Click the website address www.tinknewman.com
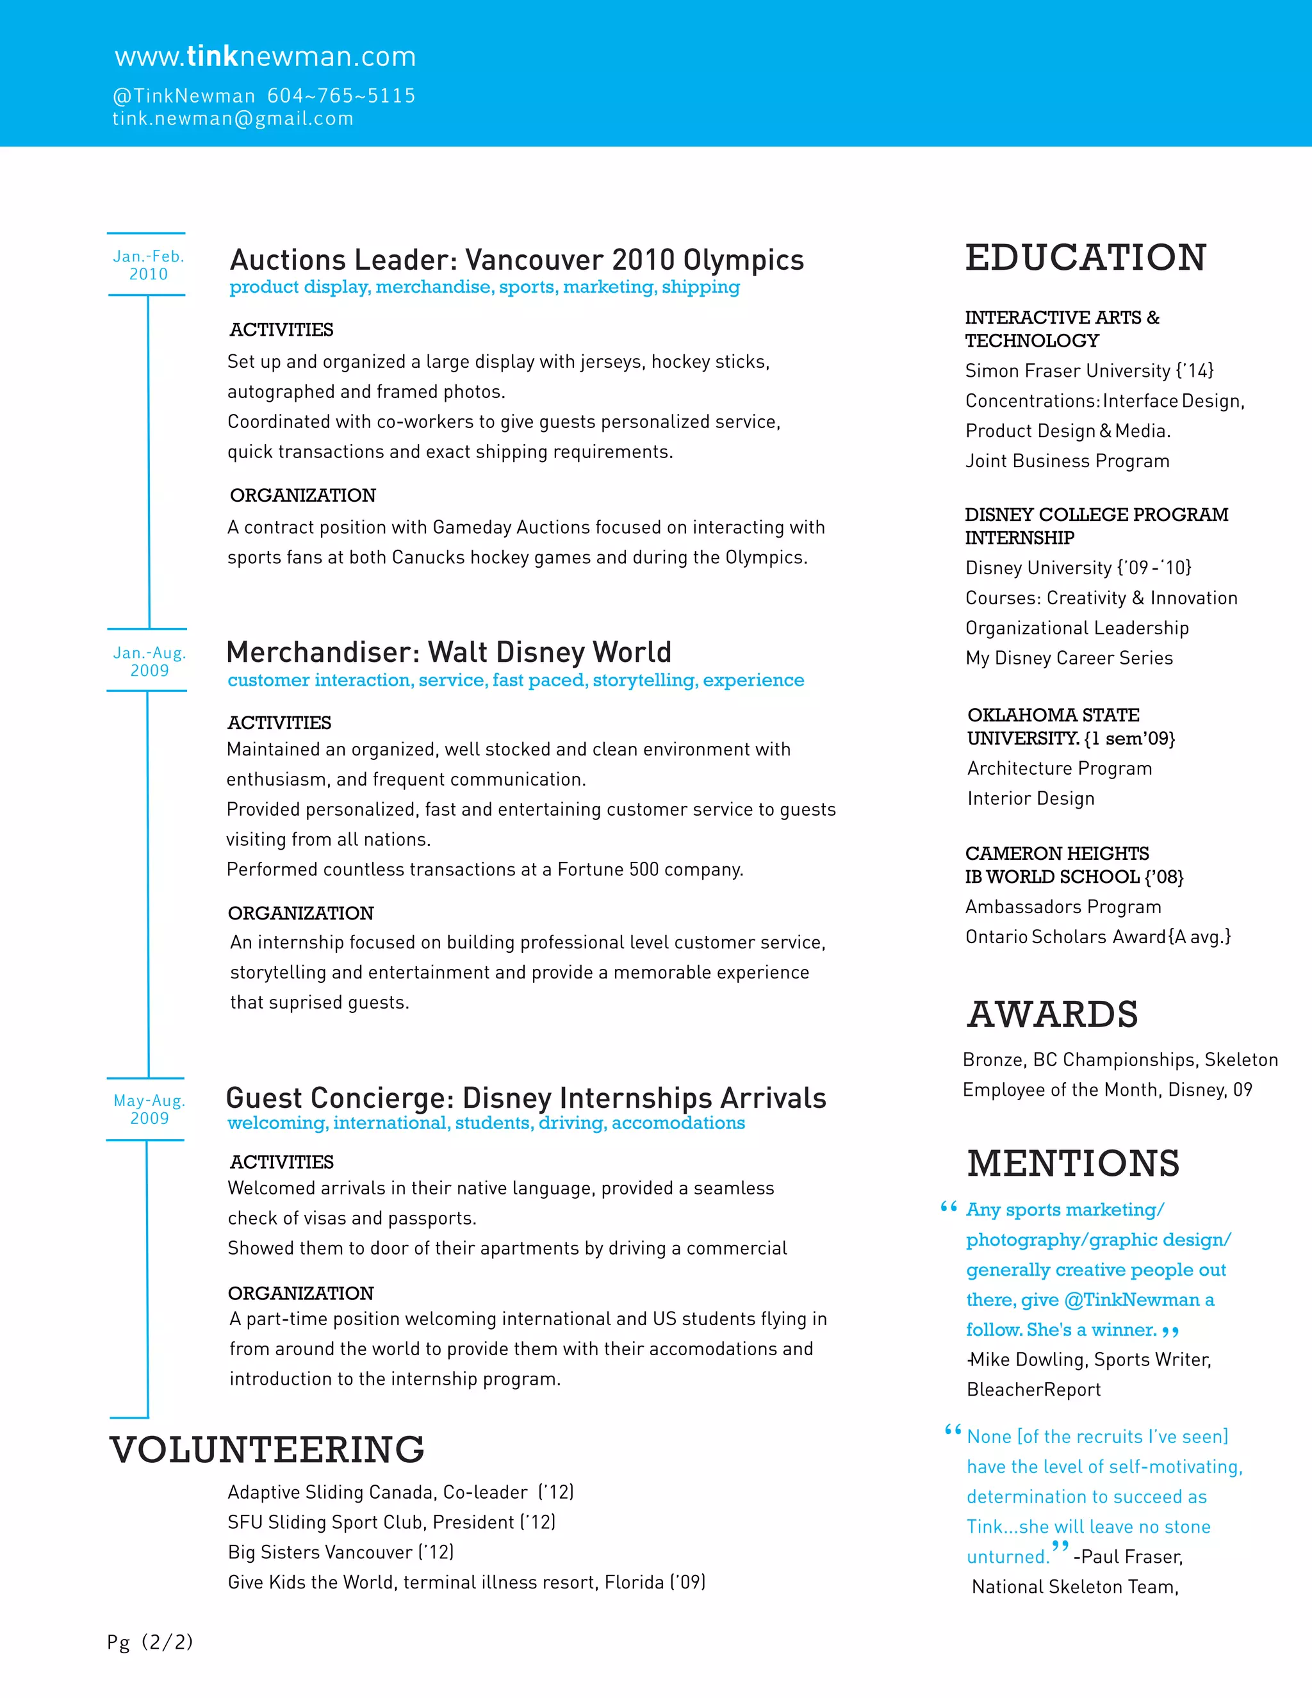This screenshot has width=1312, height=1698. [x=265, y=57]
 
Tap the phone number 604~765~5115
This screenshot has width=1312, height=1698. [x=341, y=95]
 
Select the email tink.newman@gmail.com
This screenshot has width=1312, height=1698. [x=233, y=118]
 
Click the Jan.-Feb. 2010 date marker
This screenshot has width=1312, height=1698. [x=148, y=265]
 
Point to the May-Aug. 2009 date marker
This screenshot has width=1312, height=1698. [x=149, y=1109]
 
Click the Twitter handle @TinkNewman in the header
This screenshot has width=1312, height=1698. [x=184, y=95]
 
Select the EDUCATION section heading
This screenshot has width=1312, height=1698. [x=1085, y=258]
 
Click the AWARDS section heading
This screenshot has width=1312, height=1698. [x=1053, y=1014]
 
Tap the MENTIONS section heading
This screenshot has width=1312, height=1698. [x=1072, y=1164]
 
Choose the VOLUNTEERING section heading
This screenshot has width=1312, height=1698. [x=266, y=1450]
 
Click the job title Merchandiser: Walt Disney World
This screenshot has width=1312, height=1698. [x=448, y=652]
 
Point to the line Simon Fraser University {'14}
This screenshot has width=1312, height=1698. [x=1088, y=371]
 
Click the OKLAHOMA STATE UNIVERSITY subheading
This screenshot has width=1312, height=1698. [x=1070, y=726]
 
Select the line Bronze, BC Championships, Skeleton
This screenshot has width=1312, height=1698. [x=1119, y=1060]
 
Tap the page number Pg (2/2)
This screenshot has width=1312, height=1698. [x=150, y=1642]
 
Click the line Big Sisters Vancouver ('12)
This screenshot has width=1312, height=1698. [x=340, y=1552]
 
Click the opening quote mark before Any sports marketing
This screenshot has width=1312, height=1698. [x=948, y=1207]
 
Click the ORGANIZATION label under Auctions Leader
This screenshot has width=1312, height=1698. [x=302, y=495]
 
